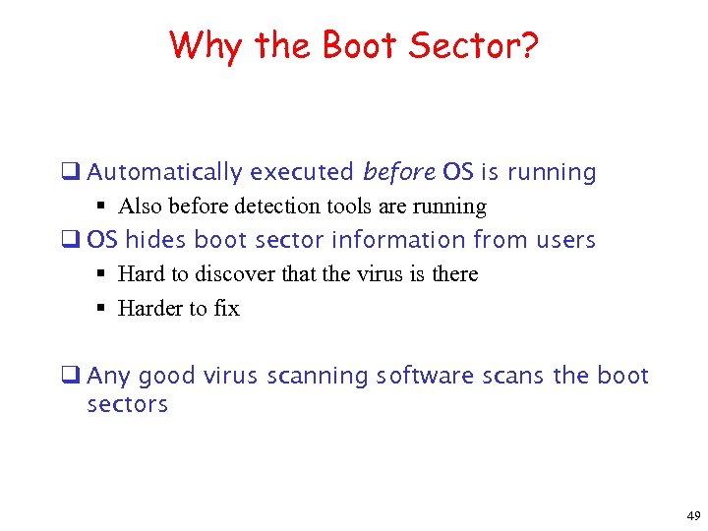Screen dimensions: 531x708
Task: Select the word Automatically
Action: [x=164, y=173]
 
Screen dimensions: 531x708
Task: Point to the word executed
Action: [x=302, y=173]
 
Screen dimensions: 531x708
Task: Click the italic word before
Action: [x=398, y=173]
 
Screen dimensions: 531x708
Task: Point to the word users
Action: [x=565, y=240]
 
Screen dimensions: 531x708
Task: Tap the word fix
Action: [x=226, y=309]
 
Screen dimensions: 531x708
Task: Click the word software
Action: [x=424, y=377]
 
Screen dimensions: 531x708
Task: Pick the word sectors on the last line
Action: [x=127, y=405]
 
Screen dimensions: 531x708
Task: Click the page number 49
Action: [x=692, y=515]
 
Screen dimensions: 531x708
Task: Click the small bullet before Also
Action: [x=102, y=206]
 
